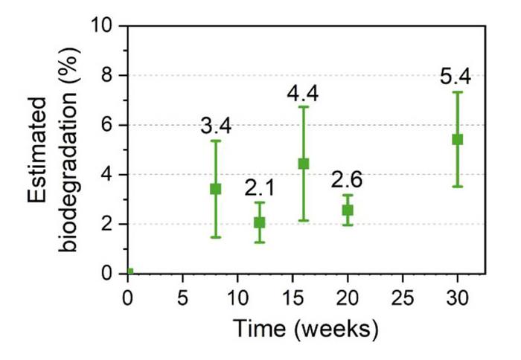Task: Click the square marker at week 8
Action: pyautogui.click(x=216, y=189)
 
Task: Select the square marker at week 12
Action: pyautogui.click(x=260, y=222)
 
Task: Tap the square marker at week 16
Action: pyautogui.click(x=304, y=164)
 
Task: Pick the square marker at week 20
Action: pyautogui.click(x=348, y=210)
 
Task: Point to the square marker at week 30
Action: pyautogui.click(x=457, y=139)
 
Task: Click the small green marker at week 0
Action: pyautogui.click(x=130, y=271)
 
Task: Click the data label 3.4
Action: pyautogui.click(x=216, y=126)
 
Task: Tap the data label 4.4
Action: pyautogui.click(x=304, y=93)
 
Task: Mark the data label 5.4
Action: pyautogui.click(x=457, y=77)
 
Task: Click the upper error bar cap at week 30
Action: pyautogui.click(x=457, y=92)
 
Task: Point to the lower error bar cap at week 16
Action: pyautogui.click(x=304, y=220)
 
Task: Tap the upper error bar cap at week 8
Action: pyautogui.click(x=216, y=141)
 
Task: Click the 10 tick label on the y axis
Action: pyautogui.click(x=102, y=26)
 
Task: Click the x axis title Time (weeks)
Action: pyautogui.click(x=305, y=328)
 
